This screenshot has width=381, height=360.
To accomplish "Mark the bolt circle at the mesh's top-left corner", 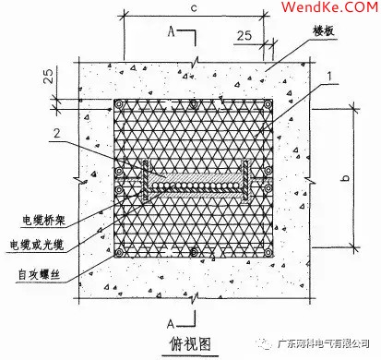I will tap(117, 106).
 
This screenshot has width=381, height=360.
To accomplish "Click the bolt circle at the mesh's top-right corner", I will tap(268, 106).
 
